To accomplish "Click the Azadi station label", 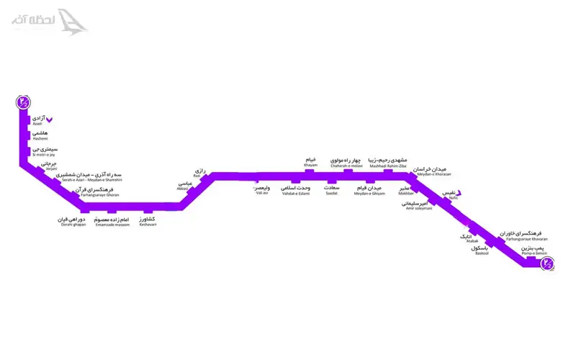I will tap(39, 120).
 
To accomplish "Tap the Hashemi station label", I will tap(40, 135).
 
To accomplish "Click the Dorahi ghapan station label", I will tap(72, 221).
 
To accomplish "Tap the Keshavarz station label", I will tap(148, 221).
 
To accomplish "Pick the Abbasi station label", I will tap(184, 186).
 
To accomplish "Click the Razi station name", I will tap(199, 173).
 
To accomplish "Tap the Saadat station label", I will tap(332, 190).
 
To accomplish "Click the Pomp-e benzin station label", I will tap(535, 249).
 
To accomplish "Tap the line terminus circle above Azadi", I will tap(24, 102).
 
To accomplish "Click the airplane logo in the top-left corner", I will tap(72, 20).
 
